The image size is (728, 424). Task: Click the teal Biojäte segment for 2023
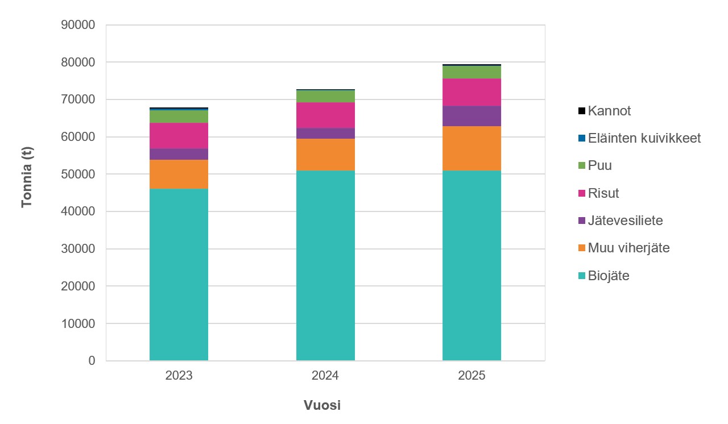pos(179,275)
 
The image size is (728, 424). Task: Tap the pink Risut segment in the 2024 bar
pos(325,115)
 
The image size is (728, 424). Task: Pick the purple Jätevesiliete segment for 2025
pos(471,116)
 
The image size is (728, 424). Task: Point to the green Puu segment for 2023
pos(179,117)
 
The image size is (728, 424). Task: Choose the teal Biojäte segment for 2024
pos(325,265)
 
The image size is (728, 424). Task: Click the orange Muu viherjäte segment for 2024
pos(325,155)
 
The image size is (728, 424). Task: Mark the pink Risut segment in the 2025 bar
pos(471,92)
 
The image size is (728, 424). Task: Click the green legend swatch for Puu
pos(581,166)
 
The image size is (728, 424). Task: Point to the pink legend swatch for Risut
pos(581,193)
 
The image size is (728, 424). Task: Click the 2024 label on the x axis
pos(325,376)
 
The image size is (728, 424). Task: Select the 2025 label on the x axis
pos(471,376)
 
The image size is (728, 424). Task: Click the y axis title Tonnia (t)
pos(27,176)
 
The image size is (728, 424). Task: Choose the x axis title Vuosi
pos(322,406)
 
